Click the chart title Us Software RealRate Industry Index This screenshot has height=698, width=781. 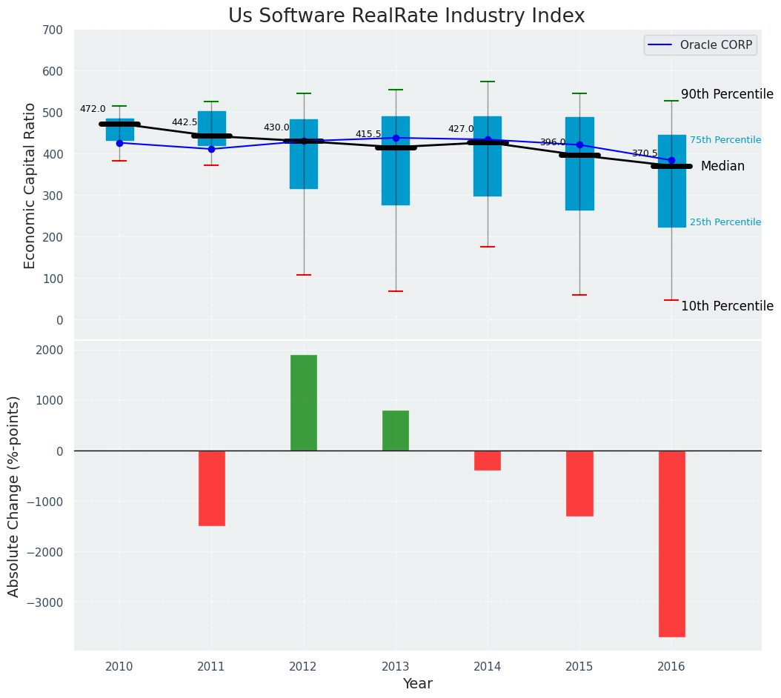(406, 16)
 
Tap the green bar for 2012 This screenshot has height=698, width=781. (304, 402)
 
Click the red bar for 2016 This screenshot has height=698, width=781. (671, 543)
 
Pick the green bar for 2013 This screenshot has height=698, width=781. (396, 431)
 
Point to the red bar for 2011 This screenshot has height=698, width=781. (212, 488)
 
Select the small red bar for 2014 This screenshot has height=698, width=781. (488, 460)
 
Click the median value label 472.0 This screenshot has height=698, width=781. (93, 110)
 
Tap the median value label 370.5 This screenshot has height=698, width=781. (645, 153)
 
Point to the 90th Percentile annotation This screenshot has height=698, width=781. (727, 95)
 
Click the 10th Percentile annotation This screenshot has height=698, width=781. (727, 306)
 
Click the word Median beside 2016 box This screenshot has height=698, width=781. (722, 167)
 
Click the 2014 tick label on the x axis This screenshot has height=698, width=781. (488, 667)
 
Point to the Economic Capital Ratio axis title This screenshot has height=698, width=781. (30, 185)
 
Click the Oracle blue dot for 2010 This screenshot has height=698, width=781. (119, 143)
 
